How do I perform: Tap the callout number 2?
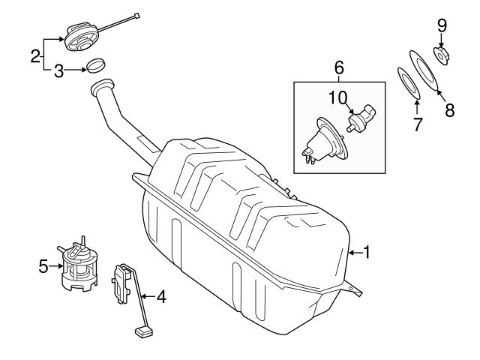click(35, 55)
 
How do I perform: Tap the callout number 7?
click(418, 122)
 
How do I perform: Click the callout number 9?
click(442, 25)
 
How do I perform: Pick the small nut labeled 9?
click(441, 55)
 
